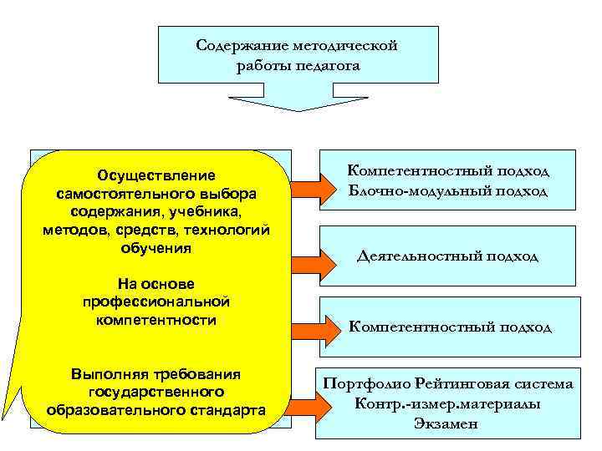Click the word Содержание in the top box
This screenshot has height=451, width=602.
click(235, 45)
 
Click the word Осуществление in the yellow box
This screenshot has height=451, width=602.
click(156, 175)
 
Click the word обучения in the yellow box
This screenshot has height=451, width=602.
click(156, 249)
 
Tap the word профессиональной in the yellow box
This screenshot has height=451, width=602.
click(156, 302)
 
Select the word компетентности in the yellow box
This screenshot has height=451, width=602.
click(156, 320)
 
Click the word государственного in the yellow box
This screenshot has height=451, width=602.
click(156, 392)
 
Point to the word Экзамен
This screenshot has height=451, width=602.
click(446, 423)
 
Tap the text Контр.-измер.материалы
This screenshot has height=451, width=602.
click(446, 404)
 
